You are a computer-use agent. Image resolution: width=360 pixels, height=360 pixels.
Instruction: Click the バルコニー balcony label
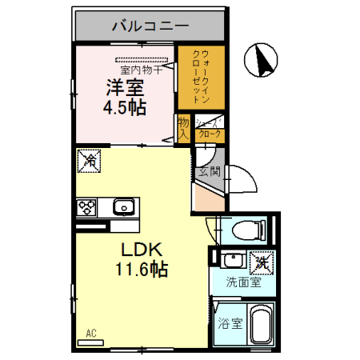[150, 27]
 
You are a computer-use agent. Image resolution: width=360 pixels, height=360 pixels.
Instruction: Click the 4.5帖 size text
[125, 106]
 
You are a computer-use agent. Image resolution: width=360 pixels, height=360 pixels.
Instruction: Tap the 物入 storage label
[183, 127]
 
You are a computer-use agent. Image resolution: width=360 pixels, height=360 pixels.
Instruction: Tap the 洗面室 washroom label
[242, 282]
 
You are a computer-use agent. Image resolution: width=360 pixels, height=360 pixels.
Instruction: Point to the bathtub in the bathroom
[260, 327]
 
